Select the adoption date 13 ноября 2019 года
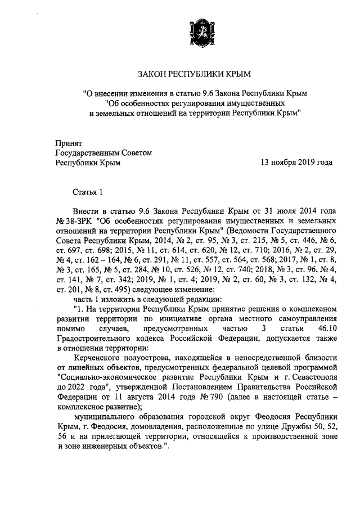pos(296,163)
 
